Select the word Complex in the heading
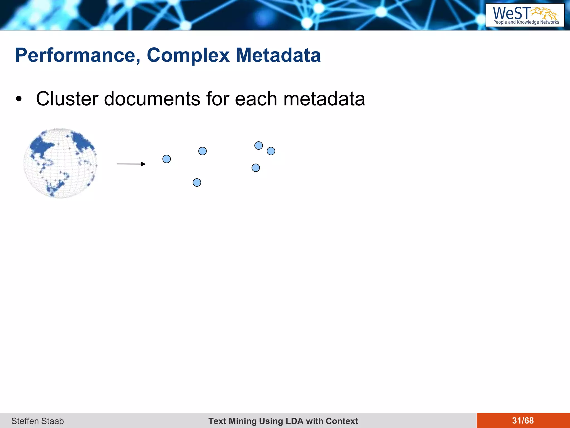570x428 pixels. (188, 55)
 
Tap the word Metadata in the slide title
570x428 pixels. (278, 55)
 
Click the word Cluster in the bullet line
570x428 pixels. (67, 99)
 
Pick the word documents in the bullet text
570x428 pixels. (152, 99)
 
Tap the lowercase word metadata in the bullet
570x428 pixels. (324, 99)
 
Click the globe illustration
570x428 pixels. (60, 163)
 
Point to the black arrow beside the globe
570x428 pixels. (131, 164)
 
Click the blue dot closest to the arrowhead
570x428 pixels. (166, 159)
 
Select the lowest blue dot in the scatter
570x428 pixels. (197, 183)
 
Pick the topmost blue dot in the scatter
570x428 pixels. (259, 145)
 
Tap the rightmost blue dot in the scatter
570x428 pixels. (271, 151)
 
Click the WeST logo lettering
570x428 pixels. (512, 13)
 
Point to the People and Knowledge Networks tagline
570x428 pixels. (526, 22)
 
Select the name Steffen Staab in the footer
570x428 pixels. (38, 421)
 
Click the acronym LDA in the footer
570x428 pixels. (295, 421)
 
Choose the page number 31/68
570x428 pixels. (523, 420)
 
